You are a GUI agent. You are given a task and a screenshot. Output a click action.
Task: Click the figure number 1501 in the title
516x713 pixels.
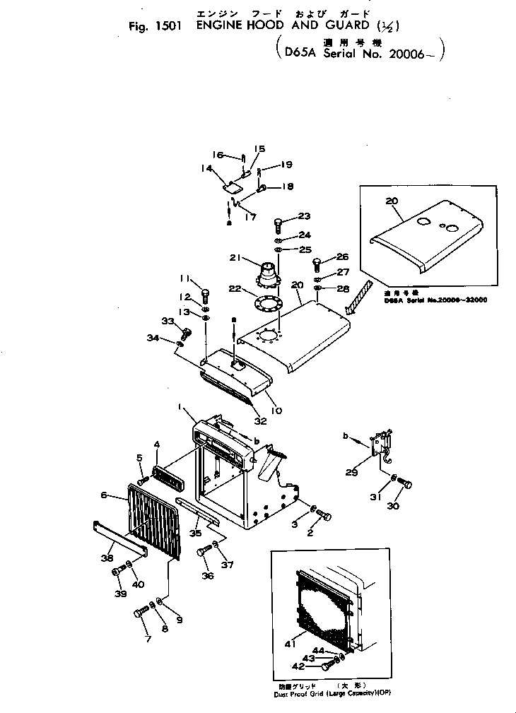tap(169, 29)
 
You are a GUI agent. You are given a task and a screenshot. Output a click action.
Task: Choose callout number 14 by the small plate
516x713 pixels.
tap(206, 168)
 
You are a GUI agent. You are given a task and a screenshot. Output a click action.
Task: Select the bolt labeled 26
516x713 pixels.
tap(317, 266)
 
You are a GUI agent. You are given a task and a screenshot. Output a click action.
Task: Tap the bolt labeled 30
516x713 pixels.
tap(406, 484)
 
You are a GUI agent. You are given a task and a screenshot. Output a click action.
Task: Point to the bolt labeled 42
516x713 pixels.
tap(327, 664)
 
